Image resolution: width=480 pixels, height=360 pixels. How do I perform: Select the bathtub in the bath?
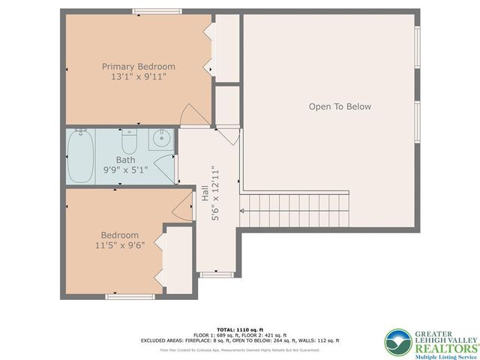(80, 156)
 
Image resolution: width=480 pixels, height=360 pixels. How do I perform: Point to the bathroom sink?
(160, 139)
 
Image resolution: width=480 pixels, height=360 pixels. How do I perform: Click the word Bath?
(125, 160)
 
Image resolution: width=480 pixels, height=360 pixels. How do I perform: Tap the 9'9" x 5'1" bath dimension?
(125, 170)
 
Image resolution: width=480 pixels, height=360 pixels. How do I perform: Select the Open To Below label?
(340, 106)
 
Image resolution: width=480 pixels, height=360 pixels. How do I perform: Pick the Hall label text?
(204, 193)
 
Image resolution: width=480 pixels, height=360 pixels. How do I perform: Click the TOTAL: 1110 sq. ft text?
(239, 329)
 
